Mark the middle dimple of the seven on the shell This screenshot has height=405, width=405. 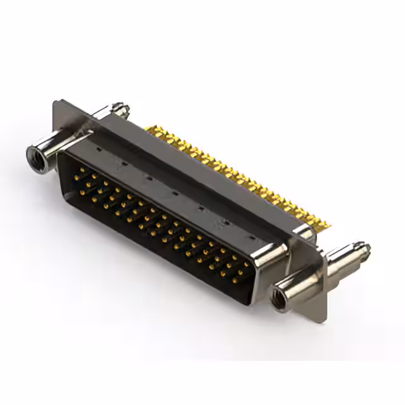[x=174, y=190]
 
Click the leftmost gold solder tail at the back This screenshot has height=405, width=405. [x=149, y=130]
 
